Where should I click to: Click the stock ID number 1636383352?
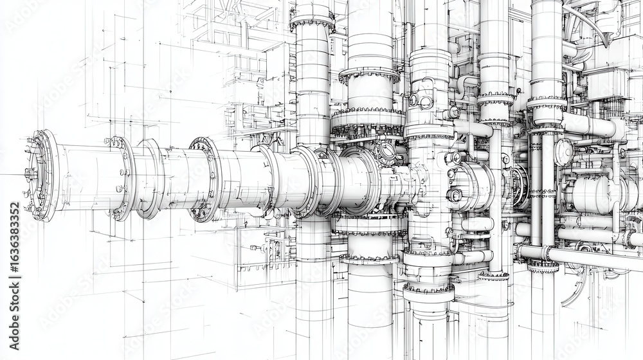tap(14, 256)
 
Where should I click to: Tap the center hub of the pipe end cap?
tap(30, 174)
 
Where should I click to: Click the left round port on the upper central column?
tap(413, 100)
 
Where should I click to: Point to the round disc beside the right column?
tap(563, 152)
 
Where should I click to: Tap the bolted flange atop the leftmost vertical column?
tap(312, 22)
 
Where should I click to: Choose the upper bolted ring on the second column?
tap(369, 74)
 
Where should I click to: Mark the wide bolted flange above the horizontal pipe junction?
tap(368, 122)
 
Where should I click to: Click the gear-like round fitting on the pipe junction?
tap(387, 152)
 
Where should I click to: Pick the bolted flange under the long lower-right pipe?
tap(543, 265)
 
